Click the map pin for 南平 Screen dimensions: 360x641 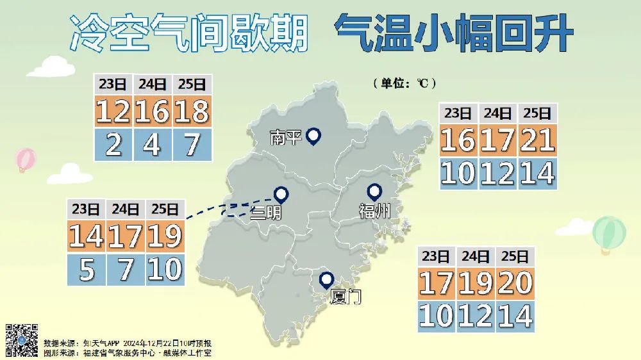[313, 136]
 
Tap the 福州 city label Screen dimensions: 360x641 [374, 211]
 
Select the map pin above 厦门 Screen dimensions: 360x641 [327, 280]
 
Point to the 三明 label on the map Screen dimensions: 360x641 [265, 212]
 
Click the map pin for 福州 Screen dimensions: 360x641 [374, 192]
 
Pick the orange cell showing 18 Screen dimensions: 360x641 [192, 111]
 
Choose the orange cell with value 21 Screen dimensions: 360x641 [537, 140]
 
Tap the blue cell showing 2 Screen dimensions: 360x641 [113, 145]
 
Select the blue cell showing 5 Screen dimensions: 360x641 [87, 270]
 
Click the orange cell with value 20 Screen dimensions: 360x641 [515, 282]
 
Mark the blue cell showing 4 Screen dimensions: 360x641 [153, 145]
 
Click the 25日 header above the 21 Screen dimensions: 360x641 [537, 113]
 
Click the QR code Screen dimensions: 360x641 [22, 340]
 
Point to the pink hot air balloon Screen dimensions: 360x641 [26, 160]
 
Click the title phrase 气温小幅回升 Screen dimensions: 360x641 [453, 33]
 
